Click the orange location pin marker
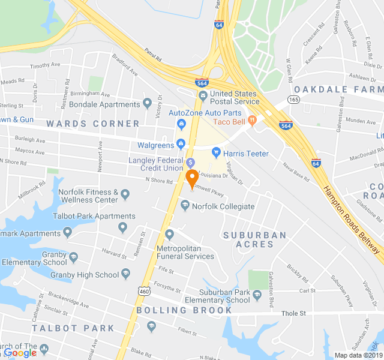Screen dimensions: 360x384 tap(192, 179)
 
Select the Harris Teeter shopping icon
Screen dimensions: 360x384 tap(217, 153)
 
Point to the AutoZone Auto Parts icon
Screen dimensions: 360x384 tap(181, 124)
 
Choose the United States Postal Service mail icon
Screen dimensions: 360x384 tap(202, 96)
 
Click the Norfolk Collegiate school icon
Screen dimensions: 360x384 tap(186, 206)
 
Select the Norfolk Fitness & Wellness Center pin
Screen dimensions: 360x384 tap(125, 194)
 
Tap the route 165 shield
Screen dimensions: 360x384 tap(293, 100)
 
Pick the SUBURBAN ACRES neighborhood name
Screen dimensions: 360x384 tap(255, 239)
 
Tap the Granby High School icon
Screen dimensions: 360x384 tap(126, 274)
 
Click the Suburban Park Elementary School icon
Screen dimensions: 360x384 tap(257, 295)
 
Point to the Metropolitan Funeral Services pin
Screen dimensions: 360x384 tap(170, 234)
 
